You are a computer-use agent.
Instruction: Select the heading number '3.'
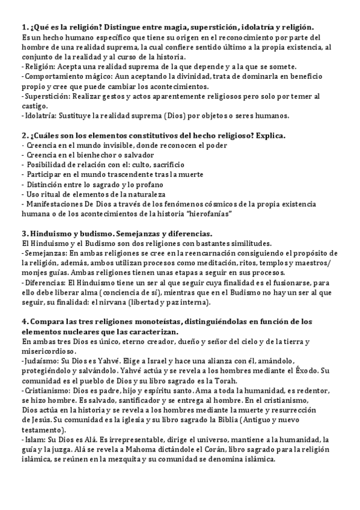pos(25,233)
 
